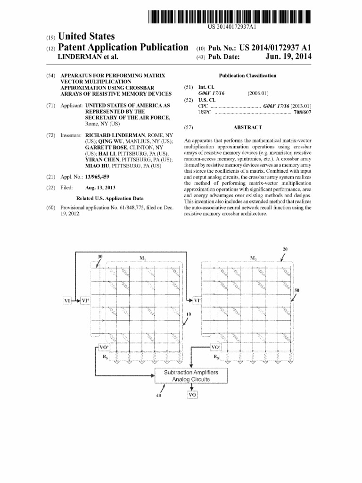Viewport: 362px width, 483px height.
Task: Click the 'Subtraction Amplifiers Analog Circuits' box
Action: click(x=191, y=375)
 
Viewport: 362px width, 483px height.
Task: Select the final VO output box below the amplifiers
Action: click(x=192, y=396)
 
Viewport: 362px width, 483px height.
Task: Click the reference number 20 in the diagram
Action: click(x=285, y=249)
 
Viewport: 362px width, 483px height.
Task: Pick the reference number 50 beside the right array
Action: click(x=296, y=290)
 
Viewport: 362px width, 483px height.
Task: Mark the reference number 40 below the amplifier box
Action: click(x=158, y=396)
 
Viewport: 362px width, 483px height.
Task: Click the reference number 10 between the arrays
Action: click(x=189, y=314)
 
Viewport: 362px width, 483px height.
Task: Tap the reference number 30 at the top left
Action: click(x=100, y=257)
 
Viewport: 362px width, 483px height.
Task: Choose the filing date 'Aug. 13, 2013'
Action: click(x=100, y=187)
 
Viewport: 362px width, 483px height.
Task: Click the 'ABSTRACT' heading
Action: click(x=247, y=127)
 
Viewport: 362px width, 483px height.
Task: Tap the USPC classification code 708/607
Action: click(x=302, y=113)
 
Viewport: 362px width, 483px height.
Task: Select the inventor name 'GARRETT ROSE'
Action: click(x=104, y=148)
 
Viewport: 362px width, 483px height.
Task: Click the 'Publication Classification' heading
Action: click(x=247, y=75)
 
